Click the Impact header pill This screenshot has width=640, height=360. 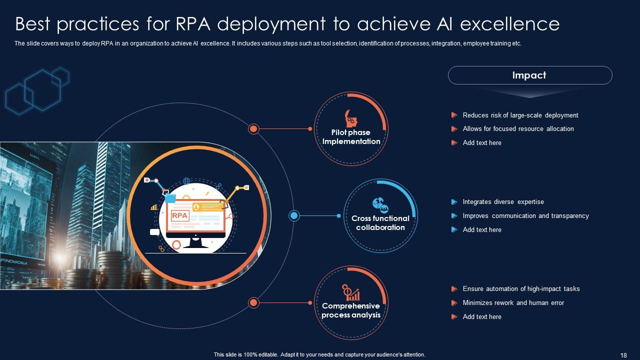529,75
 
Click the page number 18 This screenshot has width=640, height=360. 623,355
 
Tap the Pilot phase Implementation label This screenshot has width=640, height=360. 351,137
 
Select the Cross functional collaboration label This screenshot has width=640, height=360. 380,223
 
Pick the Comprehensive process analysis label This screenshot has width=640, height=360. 351,310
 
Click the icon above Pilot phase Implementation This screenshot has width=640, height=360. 351,119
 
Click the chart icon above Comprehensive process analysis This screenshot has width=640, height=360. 351,292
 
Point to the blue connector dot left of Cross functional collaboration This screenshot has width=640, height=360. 294,215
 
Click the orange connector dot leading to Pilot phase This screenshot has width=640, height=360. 253,129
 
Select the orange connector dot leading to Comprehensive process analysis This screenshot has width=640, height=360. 253,302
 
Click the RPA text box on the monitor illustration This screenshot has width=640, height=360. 179,215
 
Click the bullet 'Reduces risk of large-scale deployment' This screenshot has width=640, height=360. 520,115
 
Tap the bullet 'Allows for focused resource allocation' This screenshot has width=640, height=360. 518,129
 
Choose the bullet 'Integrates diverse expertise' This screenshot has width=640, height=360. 503,202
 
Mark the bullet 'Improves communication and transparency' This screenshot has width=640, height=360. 525,216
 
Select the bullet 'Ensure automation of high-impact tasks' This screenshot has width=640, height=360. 521,289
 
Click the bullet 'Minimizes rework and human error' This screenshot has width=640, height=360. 513,303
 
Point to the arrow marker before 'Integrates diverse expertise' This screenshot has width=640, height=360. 454,202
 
